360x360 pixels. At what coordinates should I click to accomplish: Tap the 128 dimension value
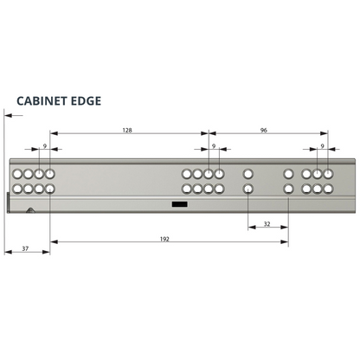(127, 130)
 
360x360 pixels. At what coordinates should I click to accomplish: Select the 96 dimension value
(264, 130)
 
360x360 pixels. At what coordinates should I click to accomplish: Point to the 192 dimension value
(164, 239)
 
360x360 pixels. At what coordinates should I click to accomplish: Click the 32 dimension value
(267, 224)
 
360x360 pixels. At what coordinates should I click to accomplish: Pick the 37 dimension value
(25, 248)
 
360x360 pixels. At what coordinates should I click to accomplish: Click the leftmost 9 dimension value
(45, 146)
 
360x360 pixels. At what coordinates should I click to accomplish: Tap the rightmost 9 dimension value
(323, 146)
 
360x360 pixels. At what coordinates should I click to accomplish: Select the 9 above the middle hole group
(214, 146)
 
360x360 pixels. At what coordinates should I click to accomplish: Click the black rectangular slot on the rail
(180, 204)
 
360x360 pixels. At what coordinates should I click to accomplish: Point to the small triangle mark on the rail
(30, 210)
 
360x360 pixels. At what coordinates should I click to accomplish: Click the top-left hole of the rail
(17, 174)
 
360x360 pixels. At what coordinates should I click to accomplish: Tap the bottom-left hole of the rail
(17, 189)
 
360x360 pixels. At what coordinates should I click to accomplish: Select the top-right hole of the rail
(328, 174)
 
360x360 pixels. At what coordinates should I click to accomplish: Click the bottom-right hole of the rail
(328, 189)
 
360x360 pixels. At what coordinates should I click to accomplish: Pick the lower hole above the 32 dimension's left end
(248, 189)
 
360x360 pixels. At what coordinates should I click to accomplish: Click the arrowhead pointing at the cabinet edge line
(9, 115)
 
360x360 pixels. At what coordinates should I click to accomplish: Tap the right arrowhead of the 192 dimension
(285, 241)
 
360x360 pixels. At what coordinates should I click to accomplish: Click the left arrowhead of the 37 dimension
(9, 252)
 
